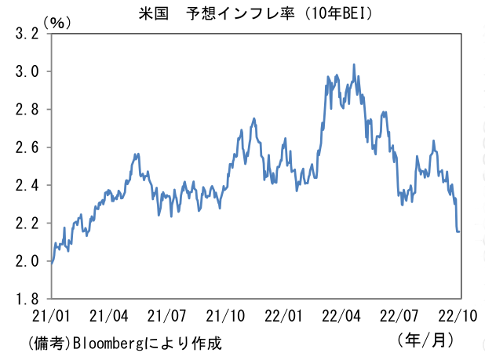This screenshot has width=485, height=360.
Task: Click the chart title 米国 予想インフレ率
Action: pyautogui.click(x=217, y=14)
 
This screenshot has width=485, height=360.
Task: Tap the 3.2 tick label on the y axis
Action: pyautogui.click(x=27, y=34)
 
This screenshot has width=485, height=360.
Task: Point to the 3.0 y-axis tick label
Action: pyautogui.click(x=27, y=71)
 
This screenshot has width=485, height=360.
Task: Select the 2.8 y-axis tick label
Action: pyautogui.click(x=27, y=109)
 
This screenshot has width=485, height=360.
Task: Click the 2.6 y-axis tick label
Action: pyautogui.click(x=27, y=147)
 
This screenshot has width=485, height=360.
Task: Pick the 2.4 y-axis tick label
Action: pyautogui.click(x=27, y=185)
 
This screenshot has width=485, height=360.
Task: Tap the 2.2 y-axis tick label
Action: pyautogui.click(x=27, y=223)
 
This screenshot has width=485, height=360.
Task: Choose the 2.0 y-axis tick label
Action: pyautogui.click(x=27, y=261)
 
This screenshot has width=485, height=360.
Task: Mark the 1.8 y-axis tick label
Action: pyautogui.click(x=27, y=299)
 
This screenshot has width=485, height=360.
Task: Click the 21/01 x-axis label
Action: pyautogui.click(x=51, y=316)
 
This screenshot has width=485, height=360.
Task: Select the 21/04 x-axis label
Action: pyautogui.click(x=108, y=316)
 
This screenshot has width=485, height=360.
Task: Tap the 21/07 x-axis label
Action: pyautogui.click(x=166, y=316)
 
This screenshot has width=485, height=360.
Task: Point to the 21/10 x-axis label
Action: pyautogui.click(x=225, y=316)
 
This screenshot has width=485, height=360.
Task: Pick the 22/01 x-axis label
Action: pyautogui.click(x=283, y=316)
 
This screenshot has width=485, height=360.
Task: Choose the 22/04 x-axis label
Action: pyautogui.click(x=341, y=316)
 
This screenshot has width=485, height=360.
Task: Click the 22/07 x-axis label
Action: pyautogui.click(x=399, y=316)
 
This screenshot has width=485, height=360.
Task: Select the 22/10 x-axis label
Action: pyautogui.click(x=458, y=316)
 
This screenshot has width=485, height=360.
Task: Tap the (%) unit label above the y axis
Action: pyautogui.click(x=57, y=23)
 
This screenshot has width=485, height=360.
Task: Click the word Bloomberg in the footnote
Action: pyautogui.click(x=108, y=344)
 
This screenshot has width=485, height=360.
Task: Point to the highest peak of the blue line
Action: pyautogui.click(x=354, y=64)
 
